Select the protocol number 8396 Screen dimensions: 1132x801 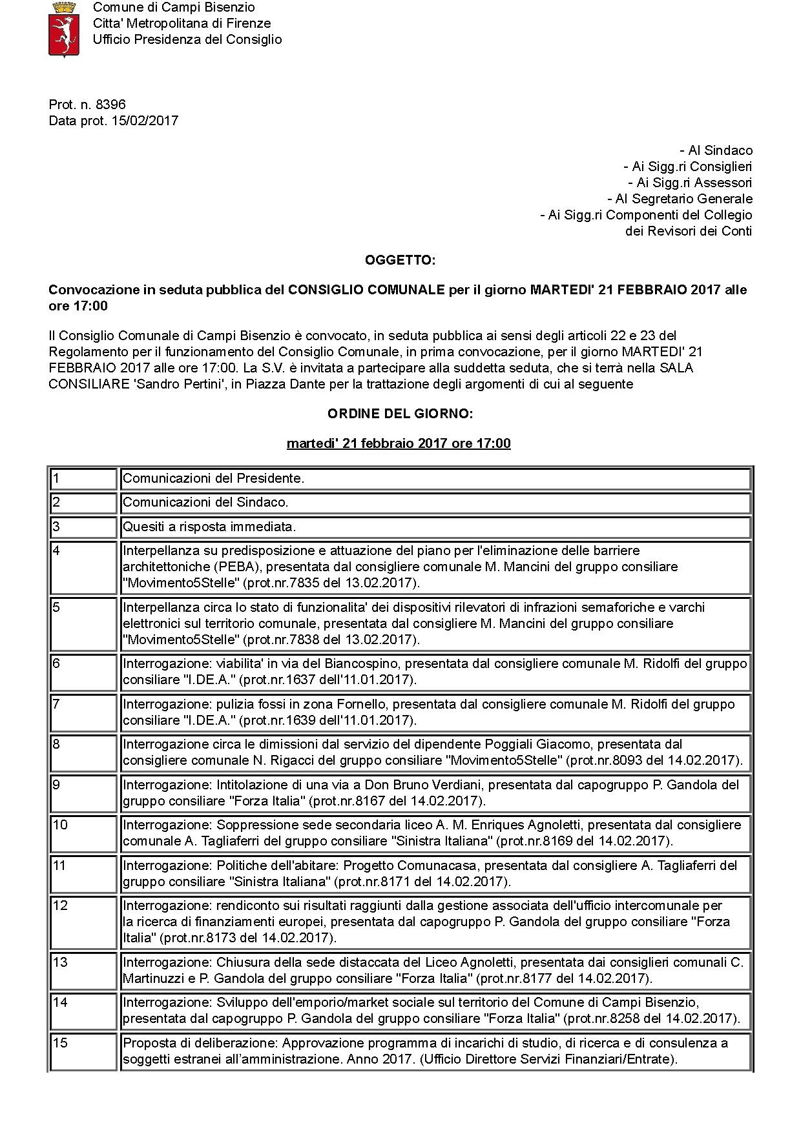(x=110, y=105)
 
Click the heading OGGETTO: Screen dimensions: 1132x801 (x=400, y=260)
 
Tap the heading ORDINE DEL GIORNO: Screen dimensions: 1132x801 (x=400, y=414)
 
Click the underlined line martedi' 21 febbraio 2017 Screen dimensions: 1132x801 (x=399, y=443)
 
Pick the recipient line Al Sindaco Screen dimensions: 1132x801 (x=716, y=150)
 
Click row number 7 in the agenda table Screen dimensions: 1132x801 (x=57, y=704)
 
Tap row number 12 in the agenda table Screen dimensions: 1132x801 (x=60, y=905)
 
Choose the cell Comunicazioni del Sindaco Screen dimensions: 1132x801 (x=205, y=502)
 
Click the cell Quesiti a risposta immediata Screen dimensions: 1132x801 (x=209, y=527)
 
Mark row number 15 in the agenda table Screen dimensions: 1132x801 (x=60, y=1043)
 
